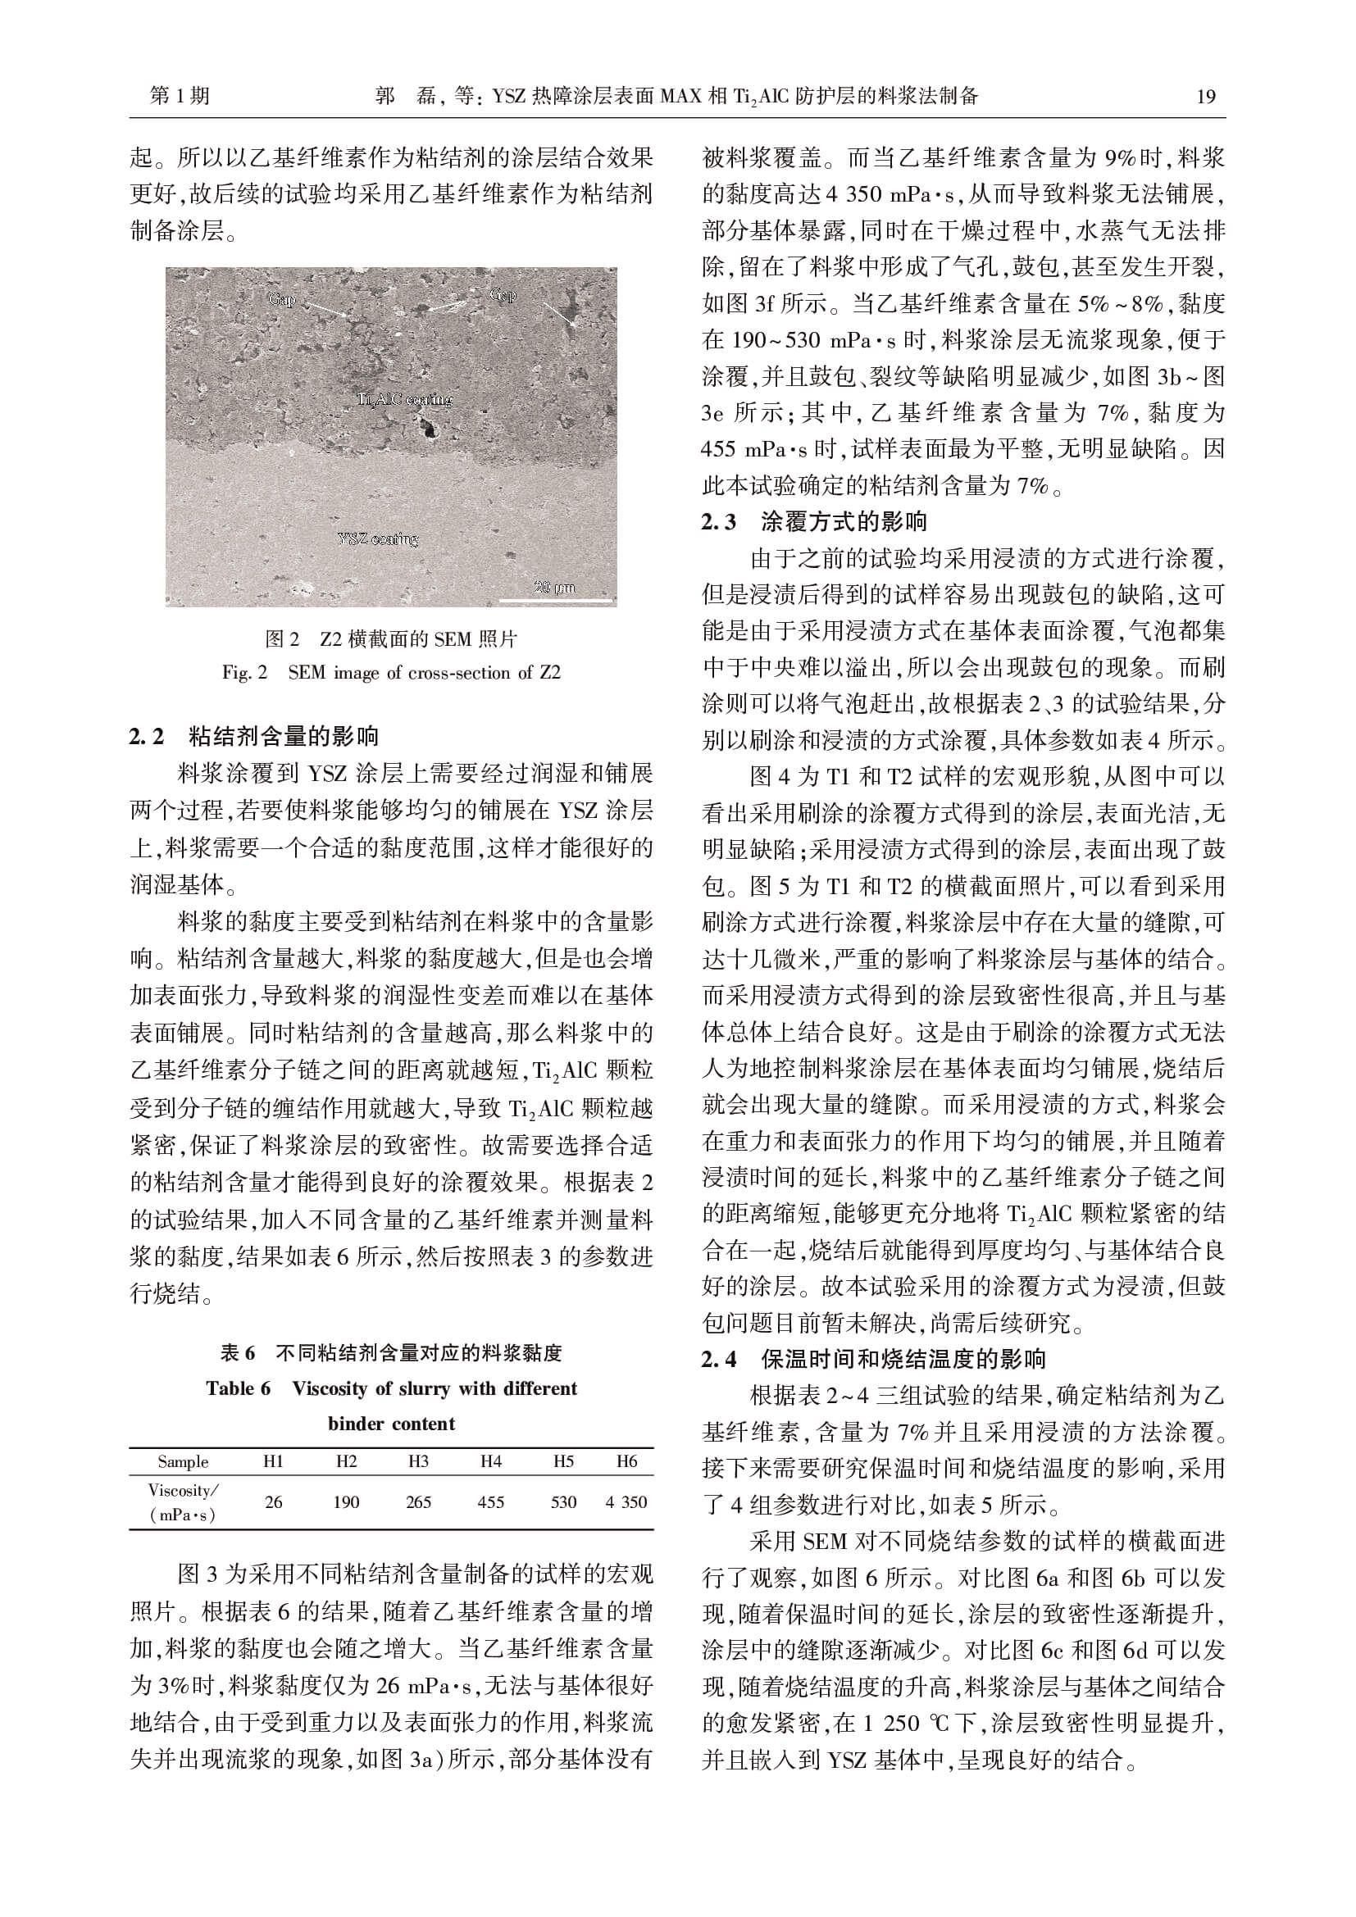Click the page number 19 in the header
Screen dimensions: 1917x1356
point(1206,97)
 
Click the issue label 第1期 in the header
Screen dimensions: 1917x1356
point(180,97)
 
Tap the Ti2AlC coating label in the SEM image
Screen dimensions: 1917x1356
point(404,399)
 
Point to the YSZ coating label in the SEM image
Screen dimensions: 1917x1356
point(378,538)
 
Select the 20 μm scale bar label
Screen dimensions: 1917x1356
point(554,588)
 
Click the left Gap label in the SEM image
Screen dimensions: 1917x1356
point(281,299)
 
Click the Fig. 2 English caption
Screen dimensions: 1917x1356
point(391,673)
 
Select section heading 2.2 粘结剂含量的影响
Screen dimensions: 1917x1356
point(254,737)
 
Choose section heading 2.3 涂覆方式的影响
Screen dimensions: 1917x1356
point(814,522)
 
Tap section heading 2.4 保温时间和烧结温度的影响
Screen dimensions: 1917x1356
point(873,1359)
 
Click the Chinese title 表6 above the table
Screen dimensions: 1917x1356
point(391,1352)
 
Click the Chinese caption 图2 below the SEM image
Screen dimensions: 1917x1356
point(391,638)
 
